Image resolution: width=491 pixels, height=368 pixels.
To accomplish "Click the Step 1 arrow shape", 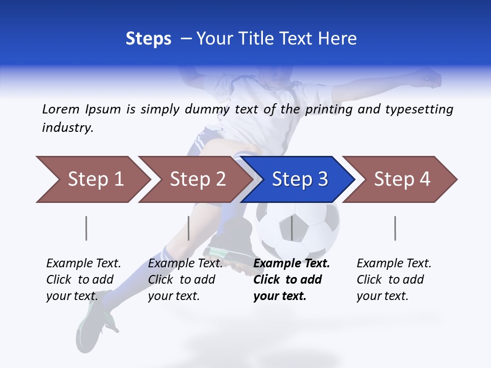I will click(95, 179).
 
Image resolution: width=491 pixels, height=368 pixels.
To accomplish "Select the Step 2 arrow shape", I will click(197, 179).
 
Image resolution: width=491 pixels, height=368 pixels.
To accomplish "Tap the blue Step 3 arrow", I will click(299, 179).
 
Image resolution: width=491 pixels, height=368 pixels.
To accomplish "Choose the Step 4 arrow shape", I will click(401, 179).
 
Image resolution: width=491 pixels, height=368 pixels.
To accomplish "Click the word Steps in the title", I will click(148, 39).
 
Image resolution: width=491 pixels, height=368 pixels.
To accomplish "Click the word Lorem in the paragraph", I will click(60, 109).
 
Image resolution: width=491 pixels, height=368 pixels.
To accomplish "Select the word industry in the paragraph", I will click(67, 128).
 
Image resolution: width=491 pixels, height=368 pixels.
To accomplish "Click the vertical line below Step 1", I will click(86, 228).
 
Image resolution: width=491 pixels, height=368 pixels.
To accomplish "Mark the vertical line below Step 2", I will click(189, 228).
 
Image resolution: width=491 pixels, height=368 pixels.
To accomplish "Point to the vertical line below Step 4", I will click(395, 228).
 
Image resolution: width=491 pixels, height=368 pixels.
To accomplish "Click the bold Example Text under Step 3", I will click(292, 264).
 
